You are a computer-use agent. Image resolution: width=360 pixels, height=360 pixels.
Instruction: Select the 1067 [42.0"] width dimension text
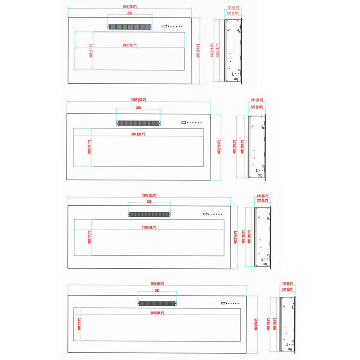point(139,99)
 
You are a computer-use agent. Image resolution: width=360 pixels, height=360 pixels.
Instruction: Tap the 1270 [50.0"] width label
point(149,196)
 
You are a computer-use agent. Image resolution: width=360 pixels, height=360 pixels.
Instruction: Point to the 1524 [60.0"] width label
point(157,283)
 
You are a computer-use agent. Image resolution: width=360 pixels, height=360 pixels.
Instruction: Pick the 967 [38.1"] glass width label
point(138,134)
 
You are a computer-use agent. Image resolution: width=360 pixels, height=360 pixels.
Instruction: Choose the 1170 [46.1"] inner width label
point(148,228)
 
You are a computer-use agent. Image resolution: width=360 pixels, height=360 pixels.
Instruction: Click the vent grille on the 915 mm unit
point(129,27)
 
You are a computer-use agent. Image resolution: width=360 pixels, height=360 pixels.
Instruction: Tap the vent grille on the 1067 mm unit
point(138,122)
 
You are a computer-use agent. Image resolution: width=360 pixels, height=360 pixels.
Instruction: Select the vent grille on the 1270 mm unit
point(149,215)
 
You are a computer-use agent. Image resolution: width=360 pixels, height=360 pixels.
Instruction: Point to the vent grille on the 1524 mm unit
point(157,303)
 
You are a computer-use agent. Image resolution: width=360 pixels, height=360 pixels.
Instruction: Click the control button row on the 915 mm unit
point(173,26)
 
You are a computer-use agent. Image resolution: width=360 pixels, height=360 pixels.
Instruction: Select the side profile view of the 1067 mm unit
point(256,146)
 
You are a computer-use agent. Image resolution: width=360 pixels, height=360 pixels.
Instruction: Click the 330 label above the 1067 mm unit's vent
point(138,108)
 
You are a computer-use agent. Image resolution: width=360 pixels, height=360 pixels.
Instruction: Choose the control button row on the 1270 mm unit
point(211,213)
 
